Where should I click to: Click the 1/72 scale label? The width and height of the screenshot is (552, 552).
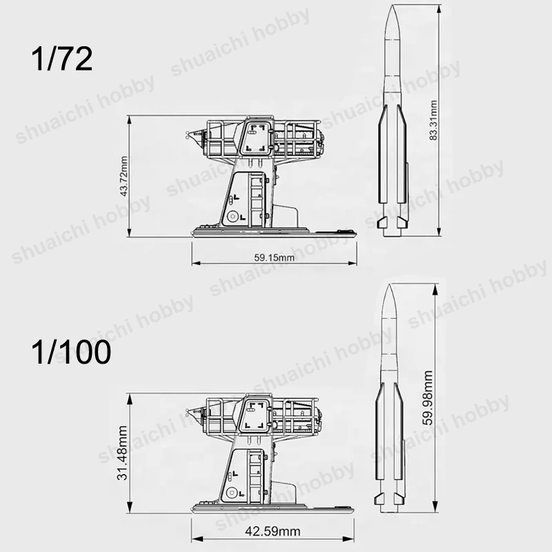coord(62,59)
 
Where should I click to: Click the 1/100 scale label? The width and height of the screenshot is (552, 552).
coord(71,352)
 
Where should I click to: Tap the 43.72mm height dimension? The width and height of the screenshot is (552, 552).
coord(124,176)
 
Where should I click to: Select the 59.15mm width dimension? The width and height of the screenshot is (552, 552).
coord(274,257)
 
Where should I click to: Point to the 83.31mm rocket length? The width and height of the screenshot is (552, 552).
coord(433,120)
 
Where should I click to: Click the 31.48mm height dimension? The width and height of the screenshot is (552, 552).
coord(122,453)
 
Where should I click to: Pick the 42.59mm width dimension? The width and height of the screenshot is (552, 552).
coord(273,531)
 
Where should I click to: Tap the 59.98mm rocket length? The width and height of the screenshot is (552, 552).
coord(428,398)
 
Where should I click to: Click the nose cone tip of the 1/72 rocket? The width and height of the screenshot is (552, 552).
coord(393,6)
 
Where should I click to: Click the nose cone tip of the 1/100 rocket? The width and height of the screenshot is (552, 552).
coord(389,284)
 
